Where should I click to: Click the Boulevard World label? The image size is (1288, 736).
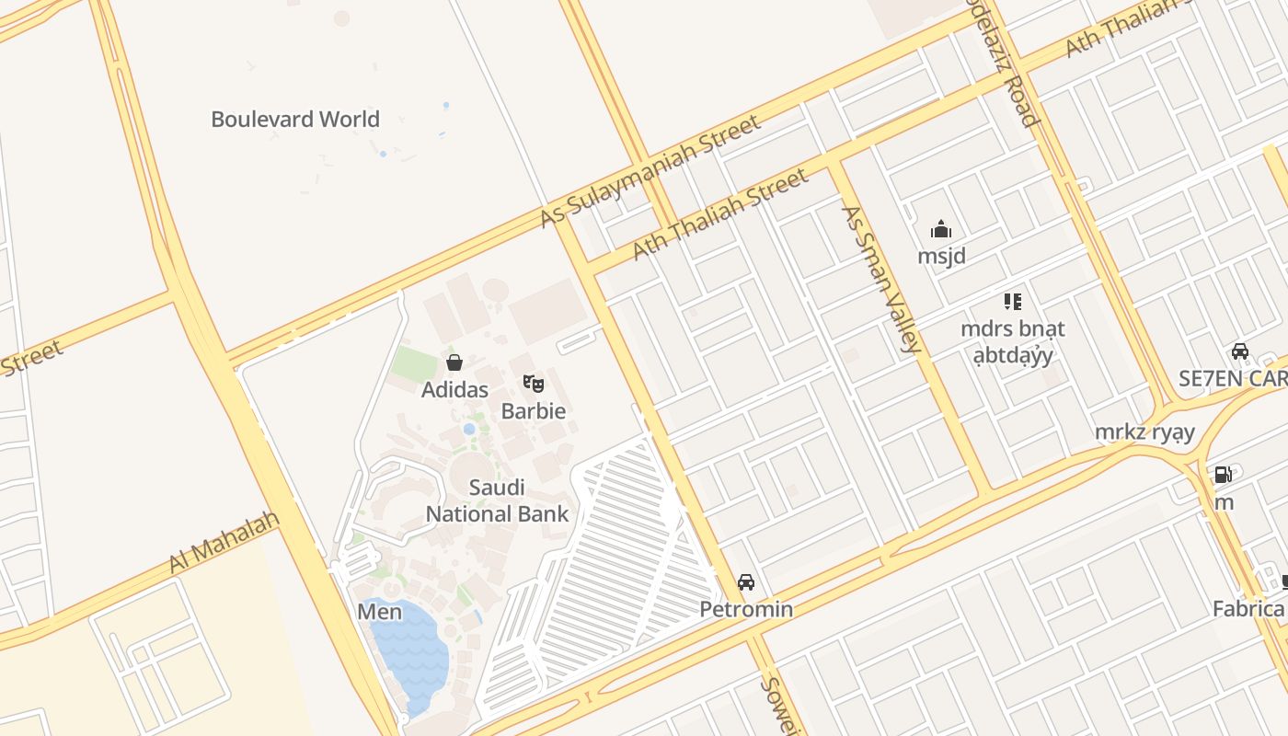295,120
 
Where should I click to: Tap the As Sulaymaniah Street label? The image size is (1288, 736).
650,171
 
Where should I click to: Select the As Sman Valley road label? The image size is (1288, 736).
880,279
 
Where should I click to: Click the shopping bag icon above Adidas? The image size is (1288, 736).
454,362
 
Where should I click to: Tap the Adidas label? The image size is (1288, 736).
454,390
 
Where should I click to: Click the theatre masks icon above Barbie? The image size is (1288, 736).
534,383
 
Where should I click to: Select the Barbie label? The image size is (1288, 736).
534,410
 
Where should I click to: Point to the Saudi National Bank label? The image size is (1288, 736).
497,500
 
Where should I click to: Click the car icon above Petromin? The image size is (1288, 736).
746,582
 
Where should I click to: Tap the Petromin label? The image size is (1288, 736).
746,609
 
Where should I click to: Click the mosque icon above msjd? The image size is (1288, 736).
941,228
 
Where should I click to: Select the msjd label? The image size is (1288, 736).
941,256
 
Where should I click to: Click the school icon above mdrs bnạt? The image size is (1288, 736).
1013,301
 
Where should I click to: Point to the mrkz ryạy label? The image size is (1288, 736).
1144,432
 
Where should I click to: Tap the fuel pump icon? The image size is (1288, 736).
1223,475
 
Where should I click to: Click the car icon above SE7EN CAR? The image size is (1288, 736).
1240,351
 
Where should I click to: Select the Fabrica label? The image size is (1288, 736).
1248,608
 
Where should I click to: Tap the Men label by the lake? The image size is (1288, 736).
380,612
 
